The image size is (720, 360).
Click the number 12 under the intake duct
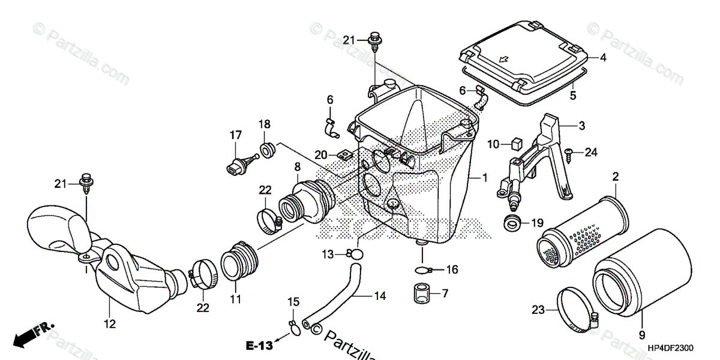[x=110, y=324]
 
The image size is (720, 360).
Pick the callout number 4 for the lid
[x=603, y=58]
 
